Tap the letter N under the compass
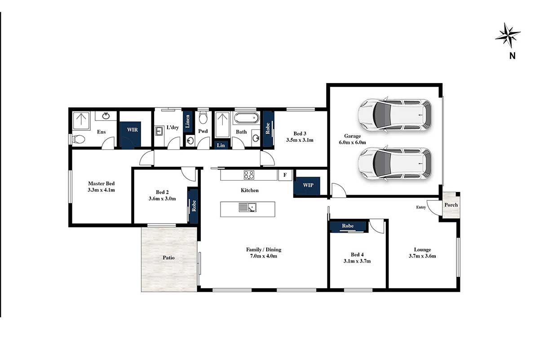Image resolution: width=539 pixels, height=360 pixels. tap(512, 56)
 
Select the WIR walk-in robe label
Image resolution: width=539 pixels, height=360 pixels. tap(133, 129)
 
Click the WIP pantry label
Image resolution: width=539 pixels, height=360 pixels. tap(308, 185)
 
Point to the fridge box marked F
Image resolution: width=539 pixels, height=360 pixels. tap(285, 175)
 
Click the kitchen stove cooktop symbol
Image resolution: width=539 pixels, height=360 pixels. tap(249, 175)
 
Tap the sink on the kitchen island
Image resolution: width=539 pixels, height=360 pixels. tap(247, 207)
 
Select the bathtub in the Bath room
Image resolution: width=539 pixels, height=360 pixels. tap(247, 118)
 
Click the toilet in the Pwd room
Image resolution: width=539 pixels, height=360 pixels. tap(203, 117)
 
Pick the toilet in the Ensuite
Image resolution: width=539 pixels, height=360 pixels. tap(78, 139)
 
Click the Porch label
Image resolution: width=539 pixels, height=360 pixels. tap(451, 205)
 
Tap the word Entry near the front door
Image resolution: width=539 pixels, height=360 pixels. tap(421, 207)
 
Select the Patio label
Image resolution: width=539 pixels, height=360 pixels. tap(168, 258)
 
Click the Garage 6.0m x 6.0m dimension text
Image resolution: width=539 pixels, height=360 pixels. tap(353, 142)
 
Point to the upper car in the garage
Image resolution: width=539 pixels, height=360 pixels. tap(395, 115)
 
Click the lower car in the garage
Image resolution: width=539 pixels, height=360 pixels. tap(395, 163)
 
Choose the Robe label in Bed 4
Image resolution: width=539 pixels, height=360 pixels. tap(348, 226)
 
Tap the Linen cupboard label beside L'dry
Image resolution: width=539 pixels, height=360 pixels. tap(187, 121)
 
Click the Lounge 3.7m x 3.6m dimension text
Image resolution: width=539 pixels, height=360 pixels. tap(422, 256)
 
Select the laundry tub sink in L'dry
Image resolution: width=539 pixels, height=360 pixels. tap(159, 131)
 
